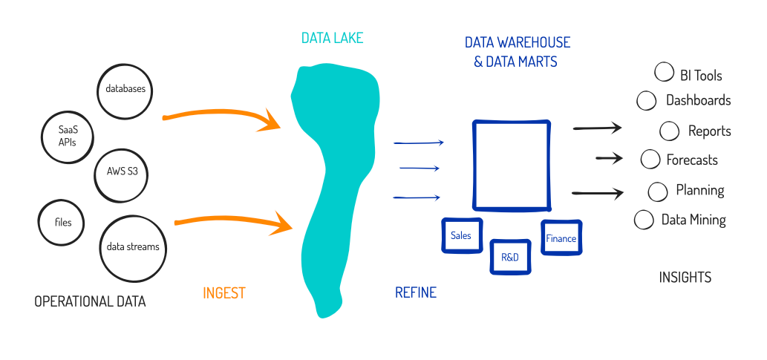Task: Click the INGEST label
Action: (223, 293)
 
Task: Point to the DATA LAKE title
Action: (332, 38)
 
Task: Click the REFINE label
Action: (415, 292)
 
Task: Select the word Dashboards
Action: (699, 100)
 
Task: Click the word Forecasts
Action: (692, 160)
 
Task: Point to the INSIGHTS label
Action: (685, 278)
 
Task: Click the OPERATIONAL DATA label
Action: (90, 301)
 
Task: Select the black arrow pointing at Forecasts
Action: (609, 158)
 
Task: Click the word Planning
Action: (700, 190)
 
